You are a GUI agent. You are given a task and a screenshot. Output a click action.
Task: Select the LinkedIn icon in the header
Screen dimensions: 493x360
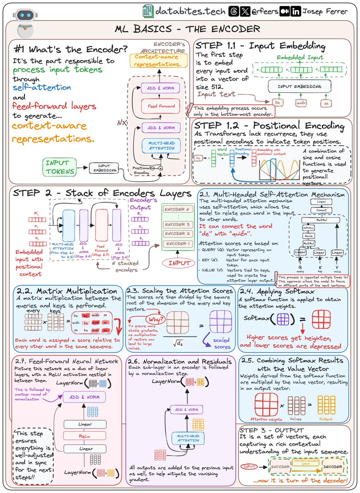click(x=295, y=12)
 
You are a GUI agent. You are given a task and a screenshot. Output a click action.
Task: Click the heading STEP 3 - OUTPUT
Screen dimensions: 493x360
click(x=271, y=430)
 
